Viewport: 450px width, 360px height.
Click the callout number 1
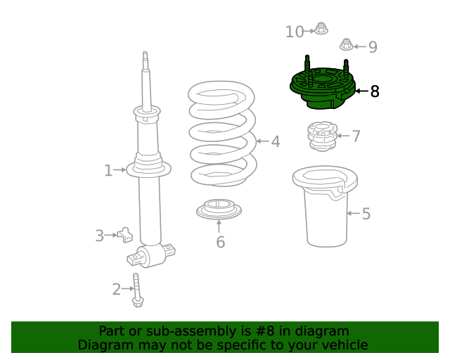click(x=108, y=170)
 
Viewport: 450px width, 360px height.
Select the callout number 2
click(x=117, y=288)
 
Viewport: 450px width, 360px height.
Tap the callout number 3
click(x=100, y=236)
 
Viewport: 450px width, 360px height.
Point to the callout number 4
click(x=276, y=141)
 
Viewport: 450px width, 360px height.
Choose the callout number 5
click(x=366, y=214)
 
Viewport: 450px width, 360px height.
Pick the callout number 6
click(x=220, y=243)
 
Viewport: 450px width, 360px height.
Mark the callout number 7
click(x=356, y=136)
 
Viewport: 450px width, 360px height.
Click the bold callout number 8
click(x=374, y=91)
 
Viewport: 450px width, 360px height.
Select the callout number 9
click(x=373, y=47)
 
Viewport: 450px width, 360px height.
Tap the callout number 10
click(x=295, y=32)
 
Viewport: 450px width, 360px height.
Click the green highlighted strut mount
click(x=321, y=88)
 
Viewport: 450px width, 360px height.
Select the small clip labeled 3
click(x=125, y=235)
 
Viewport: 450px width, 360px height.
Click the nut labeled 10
click(x=321, y=29)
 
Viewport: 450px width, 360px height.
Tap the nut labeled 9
click(x=346, y=44)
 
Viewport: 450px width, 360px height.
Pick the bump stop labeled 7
click(x=321, y=136)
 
